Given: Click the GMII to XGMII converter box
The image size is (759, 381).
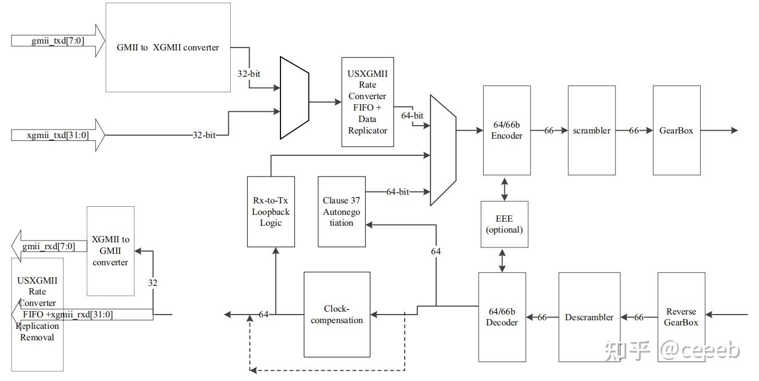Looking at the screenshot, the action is click(x=168, y=48).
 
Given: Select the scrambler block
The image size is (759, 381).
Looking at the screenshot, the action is click(x=592, y=130).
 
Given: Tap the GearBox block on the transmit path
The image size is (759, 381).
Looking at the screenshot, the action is click(x=677, y=130).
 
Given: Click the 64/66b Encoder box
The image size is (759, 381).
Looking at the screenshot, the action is click(x=507, y=130).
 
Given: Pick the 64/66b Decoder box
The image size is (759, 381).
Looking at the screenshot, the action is click(x=502, y=317).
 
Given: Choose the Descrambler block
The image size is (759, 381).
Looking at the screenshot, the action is click(x=589, y=317).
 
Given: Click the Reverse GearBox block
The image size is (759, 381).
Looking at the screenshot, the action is click(x=681, y=317).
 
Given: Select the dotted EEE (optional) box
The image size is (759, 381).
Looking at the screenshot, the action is click(x=504, y=224).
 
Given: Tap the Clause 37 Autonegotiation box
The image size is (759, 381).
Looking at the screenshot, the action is click(x=342, y=212).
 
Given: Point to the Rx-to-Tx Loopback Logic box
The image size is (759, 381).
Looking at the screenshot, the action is click(x=271, y=212).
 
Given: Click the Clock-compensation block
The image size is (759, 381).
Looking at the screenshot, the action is click(x=337, y=315).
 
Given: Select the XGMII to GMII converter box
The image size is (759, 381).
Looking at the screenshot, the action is click(x=110, y=251).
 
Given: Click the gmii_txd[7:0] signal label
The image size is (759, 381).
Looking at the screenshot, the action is click(x=58, y=41).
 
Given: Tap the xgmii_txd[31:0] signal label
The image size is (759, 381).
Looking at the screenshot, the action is click(x=58, y=135).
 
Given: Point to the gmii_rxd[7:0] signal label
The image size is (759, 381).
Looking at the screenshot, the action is click(x=49, y=246).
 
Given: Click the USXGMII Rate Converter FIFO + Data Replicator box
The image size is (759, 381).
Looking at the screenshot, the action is click(x=367, y=102).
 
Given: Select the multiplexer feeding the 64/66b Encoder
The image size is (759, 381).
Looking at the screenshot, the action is click(x=443, y=150).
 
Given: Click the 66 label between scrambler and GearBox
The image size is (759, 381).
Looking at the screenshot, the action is click(x=634, y=131).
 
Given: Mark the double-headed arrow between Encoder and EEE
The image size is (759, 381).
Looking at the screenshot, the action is click(x=504, y=189).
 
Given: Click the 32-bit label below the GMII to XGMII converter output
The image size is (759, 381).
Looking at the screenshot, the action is click(x=249, y=73).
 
